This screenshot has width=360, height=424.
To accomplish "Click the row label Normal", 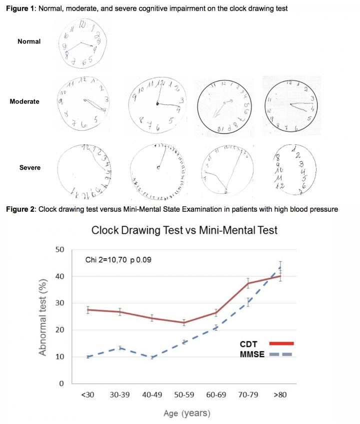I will pos(29,42).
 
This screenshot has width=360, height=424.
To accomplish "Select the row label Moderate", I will pos(24,102).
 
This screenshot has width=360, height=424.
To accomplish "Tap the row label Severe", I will pos(29,168).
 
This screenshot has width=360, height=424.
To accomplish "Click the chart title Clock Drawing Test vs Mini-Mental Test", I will pos(184,230).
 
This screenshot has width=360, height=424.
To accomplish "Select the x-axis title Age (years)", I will pos(186,413).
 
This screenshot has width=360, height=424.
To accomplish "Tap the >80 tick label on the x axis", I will pos(280,395).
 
